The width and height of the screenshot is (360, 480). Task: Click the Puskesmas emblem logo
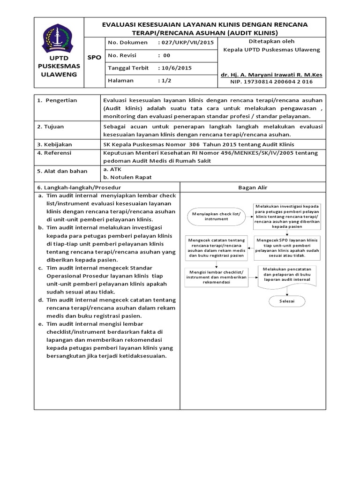59,39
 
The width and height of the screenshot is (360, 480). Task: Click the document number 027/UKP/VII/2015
187,42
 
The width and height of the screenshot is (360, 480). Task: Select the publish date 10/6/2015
176,67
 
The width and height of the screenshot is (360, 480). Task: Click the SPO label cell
94,57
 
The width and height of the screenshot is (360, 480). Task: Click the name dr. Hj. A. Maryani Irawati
271,75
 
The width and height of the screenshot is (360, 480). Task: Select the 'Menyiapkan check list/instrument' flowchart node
216,216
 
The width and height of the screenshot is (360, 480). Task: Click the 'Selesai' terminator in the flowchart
286,301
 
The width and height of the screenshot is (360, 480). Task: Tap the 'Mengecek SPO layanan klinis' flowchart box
286,247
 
